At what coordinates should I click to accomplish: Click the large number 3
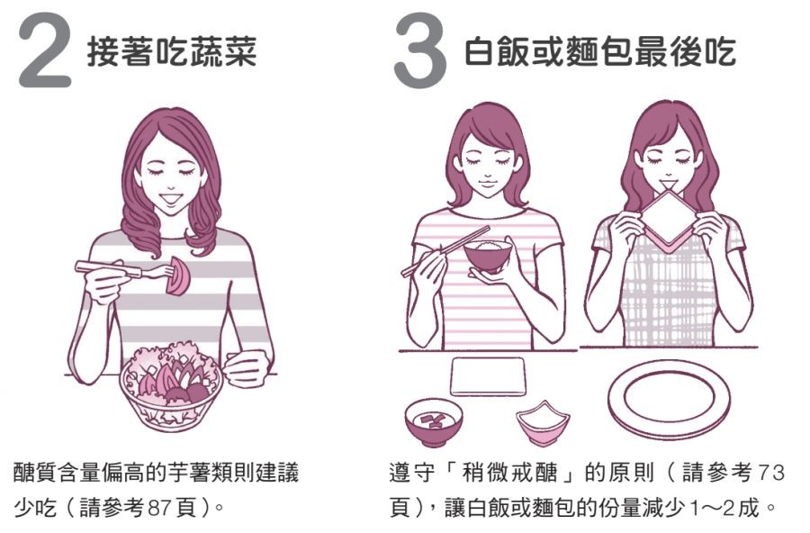pyautogui.click(x=419, y=51)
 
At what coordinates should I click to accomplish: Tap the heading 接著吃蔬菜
pyautogui.click(x=172, y=51)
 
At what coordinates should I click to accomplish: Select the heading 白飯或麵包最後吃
pyautogui.click(x=599, y=51)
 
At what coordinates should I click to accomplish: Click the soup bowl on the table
pyautogui.click(x=433, y=420)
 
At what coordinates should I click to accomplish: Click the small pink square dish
pyautogui.click(x=543, y=423)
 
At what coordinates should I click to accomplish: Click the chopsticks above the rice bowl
pyautogui.click(x=445, y=250)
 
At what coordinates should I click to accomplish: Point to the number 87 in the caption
pyautogui.click(x=159, y=508)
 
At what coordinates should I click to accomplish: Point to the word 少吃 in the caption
pyautogui.click(x=34, y=508)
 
